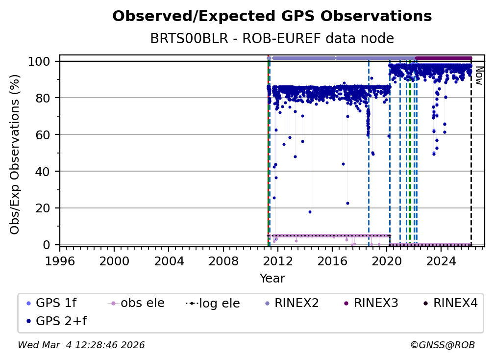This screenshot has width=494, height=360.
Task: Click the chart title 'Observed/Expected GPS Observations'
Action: (x=272, y=17)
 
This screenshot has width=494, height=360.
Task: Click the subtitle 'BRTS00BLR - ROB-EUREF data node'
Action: (x=272, y=39)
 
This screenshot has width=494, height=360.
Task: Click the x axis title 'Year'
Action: (x=272, y=279)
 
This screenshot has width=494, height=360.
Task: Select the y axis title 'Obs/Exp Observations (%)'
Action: (x=15, y=154)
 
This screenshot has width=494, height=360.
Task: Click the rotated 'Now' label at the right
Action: (x=479, y=76)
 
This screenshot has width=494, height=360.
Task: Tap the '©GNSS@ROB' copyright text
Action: (x=442, y=345)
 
